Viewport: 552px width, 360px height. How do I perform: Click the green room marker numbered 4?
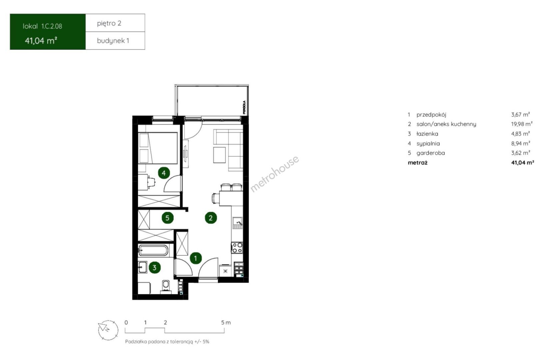coord(164,173)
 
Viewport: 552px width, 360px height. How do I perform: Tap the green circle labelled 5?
coord(167,218)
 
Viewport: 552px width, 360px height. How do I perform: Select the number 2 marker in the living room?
coord(211,218)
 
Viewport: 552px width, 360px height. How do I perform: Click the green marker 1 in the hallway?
coord(196,258)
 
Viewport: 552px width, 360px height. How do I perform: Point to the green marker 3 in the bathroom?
coord(155,268)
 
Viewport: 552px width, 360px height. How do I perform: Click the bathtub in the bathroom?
coord(153,251)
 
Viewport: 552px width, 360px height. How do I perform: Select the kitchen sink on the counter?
coord(237,223)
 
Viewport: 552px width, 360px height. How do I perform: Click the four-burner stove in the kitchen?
coord(237,248)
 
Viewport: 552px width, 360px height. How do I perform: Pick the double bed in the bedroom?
coord(158,148)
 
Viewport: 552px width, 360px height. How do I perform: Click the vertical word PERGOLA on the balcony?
coord(244,107)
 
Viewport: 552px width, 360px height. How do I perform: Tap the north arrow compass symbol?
coord(108,330)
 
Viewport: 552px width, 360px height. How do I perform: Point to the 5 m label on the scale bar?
coord(226,323)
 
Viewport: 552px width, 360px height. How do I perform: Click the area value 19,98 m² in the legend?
coord(522,124)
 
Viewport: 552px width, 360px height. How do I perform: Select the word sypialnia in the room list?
coord(428,143)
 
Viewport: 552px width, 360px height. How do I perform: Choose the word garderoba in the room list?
coord(431,153)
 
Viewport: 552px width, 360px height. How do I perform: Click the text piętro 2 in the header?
coord(109,23)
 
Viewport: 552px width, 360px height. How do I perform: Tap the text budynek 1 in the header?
coord(113,41)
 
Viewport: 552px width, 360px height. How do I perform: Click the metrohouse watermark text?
coord(275,174)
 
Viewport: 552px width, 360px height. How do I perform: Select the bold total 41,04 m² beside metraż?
coord(522,163)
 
